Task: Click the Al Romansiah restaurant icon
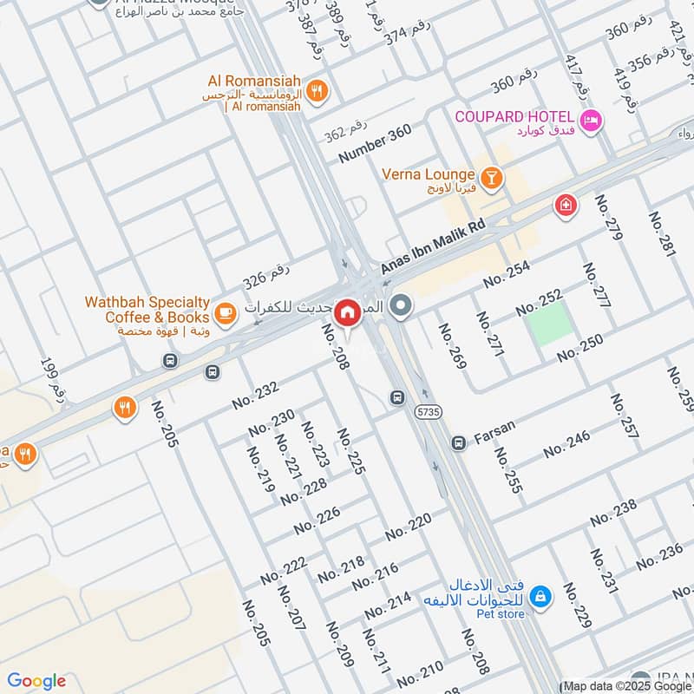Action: click(318, 89)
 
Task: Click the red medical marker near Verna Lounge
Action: click(565, 206)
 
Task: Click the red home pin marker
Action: click(347, 311)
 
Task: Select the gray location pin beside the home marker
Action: click(401, 305)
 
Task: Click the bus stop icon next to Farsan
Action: click(458, 442)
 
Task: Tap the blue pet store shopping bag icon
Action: click(540, 597)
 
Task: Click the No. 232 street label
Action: click(255, 396)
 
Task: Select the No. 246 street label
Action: click(566, 443)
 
